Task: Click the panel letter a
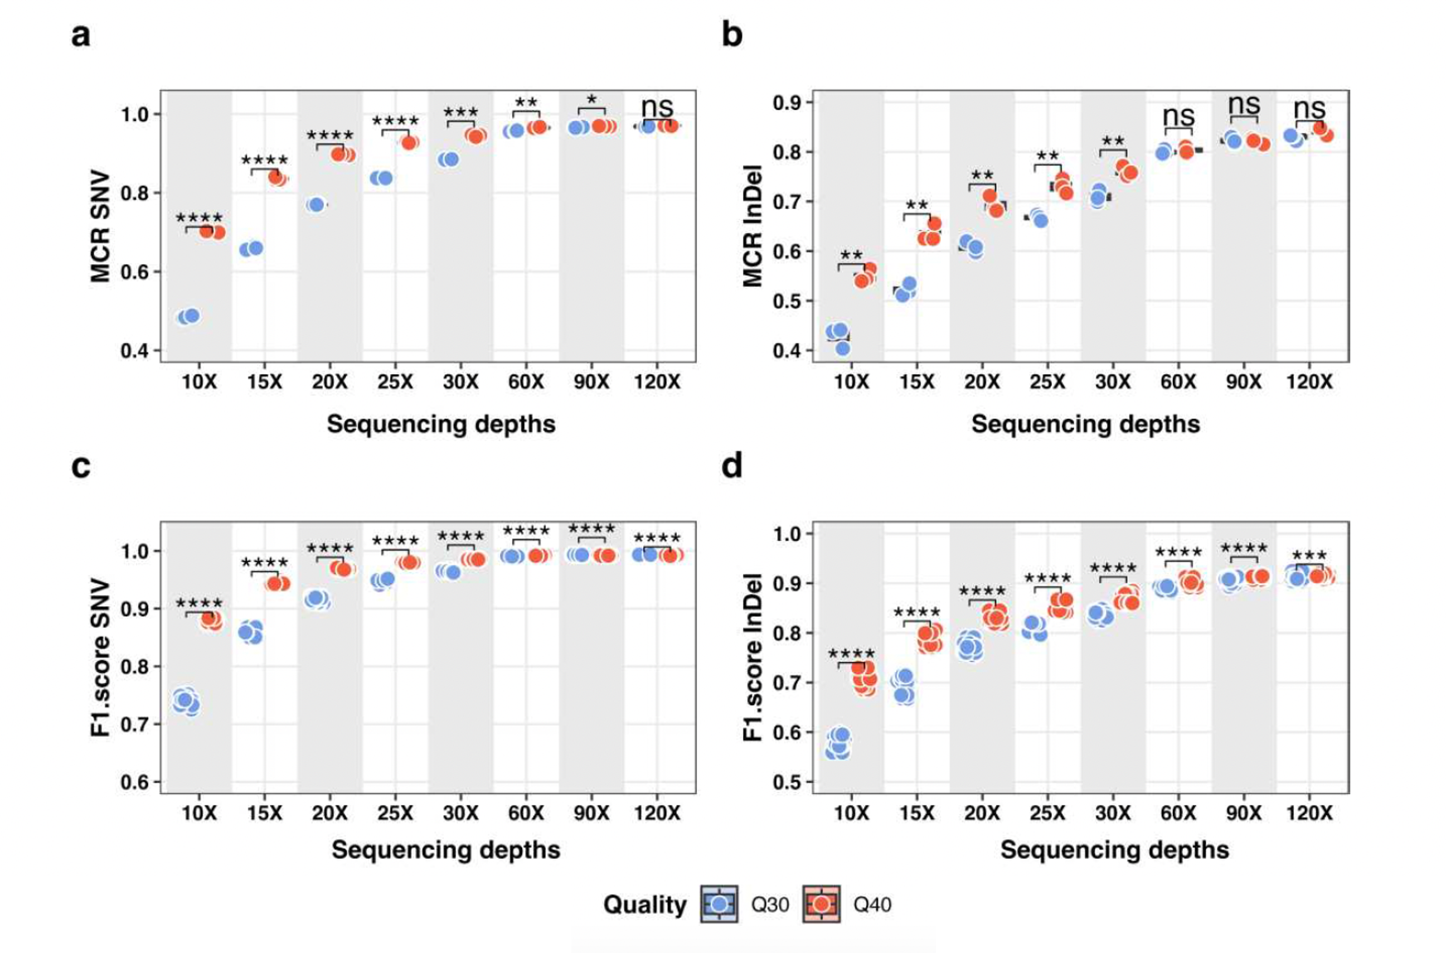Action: tap(81, 36)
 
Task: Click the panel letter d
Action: tap(731, 467)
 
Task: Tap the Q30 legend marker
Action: tap(719, 904)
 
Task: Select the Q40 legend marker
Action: tap(822, 904)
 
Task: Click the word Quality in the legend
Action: tap(644, 905)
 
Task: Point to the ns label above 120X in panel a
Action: tap(657, 108)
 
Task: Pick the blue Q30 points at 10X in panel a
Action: tap(188, 317)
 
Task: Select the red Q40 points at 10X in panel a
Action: tap(212, 231)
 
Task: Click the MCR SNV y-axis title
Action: tap(100, 227)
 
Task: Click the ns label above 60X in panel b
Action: tap(1178, 115)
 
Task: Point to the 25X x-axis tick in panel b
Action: tap(1047, 383)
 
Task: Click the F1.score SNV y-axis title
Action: tap(100, 657)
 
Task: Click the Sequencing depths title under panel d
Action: tap(1114, 850)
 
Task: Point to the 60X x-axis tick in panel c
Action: tap(526, 813)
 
